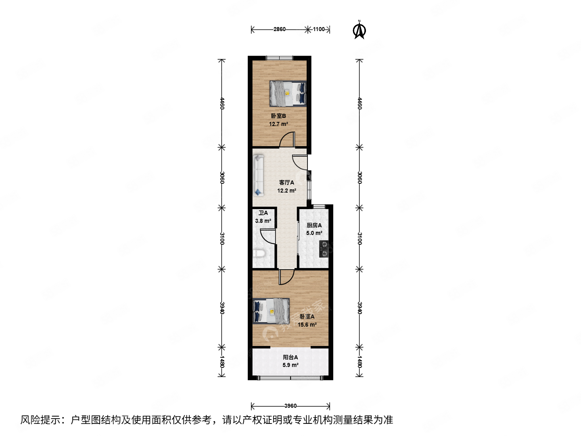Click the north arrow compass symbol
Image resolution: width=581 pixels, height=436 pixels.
[359, 31]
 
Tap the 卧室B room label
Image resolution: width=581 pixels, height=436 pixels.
[278, 116]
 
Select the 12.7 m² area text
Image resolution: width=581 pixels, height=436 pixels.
[278, 124]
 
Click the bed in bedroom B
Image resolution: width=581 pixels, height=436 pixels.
[288, 93]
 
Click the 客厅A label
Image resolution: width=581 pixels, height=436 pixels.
[286, 182]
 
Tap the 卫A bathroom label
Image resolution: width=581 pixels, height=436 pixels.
[263, 213]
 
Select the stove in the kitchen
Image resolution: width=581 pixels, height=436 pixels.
[324, 249]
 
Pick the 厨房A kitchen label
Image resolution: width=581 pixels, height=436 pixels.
[314, 225]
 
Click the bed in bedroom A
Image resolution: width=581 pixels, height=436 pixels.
[271, 311]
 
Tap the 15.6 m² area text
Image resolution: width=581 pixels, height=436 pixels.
[307, 325]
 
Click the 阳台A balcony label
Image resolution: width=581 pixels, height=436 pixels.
[290, 357]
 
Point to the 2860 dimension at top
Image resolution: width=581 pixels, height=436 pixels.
[279, 29]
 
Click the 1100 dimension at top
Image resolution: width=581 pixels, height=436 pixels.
[319, 29]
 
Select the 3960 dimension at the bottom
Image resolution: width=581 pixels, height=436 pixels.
[290, 406]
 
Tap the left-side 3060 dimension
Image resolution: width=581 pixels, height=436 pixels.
[222, 178]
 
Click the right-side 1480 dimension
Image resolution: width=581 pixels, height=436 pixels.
[359, 362]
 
